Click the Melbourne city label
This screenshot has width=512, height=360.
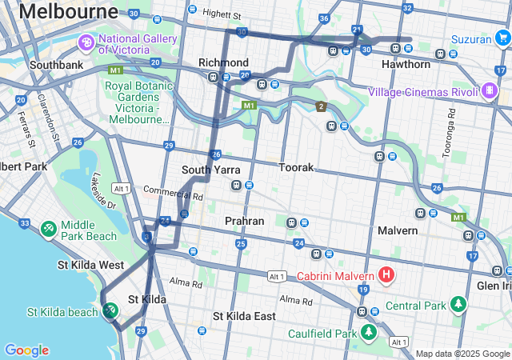(x=68, y=11)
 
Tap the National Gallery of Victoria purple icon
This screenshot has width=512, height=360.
(x=85, y=42)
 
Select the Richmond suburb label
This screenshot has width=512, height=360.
(x=223, y=62)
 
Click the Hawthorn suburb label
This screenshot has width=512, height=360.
(x=406, y=64)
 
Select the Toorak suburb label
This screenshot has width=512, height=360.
(x=296, y=168)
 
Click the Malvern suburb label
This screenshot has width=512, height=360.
(x=398, y=230)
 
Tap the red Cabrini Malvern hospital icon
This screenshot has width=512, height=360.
(x=386, y=276)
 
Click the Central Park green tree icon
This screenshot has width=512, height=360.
(x=458, y=305)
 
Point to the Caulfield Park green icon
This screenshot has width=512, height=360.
(x=368, y=332)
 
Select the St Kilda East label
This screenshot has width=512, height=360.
(x=244, y=316)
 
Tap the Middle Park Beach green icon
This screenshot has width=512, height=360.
(x=49, y=230)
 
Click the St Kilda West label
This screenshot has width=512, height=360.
(x=90, y=264)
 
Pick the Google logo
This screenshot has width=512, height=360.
(x=26, y=350)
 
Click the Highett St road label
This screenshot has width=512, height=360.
(x=222, y=14)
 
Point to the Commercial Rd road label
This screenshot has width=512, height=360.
(x=174, y=193)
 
